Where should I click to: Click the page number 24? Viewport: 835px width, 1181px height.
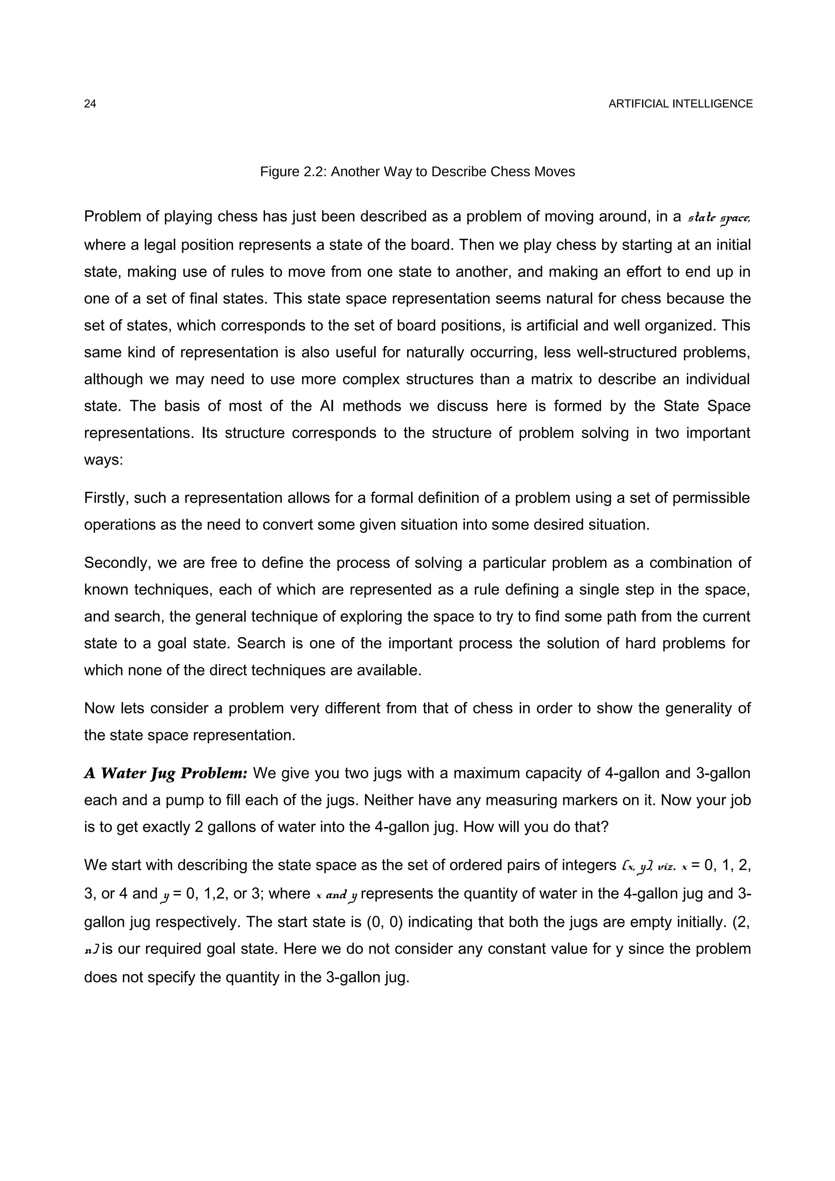[90, 104]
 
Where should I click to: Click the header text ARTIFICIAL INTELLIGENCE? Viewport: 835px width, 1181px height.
[680, 104]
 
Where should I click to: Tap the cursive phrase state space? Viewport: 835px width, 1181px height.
[719, 218]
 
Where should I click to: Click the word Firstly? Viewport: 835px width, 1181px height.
[106, 498]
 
